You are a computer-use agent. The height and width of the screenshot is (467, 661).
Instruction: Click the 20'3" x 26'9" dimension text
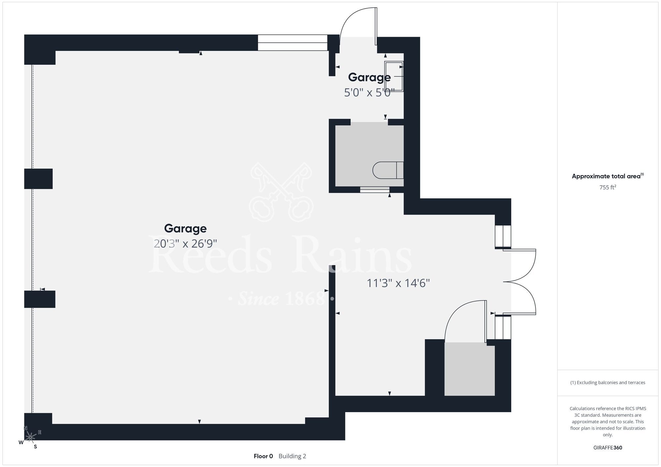[185, 244]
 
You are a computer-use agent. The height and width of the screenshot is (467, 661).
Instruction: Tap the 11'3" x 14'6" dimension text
[398, 283]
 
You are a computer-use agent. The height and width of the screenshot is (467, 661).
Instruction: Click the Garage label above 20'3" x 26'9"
[185, 229]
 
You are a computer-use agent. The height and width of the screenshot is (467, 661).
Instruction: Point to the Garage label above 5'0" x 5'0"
[369, 77]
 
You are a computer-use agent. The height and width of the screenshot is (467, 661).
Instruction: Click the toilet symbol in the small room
[388, 170]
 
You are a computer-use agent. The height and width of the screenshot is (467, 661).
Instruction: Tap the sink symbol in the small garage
[394, 76]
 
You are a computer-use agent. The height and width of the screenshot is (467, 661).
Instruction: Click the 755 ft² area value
[608, 187]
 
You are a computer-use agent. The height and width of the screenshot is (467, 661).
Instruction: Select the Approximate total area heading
[608, 176]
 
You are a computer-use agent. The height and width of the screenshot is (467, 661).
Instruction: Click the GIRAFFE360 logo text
[608, 448]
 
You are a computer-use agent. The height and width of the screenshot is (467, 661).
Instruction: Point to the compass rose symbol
[30, 437]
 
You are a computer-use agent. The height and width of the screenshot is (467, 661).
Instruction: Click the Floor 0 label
[263, 456]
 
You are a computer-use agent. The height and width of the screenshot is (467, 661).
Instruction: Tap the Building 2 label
[292, 456]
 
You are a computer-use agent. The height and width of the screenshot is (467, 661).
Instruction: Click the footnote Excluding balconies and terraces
[608, 382]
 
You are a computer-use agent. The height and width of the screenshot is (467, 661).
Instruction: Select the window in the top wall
[292, 43]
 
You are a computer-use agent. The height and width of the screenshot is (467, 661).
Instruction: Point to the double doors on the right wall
[519, 282]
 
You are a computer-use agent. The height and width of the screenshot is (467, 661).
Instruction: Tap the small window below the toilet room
[375, 190]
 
